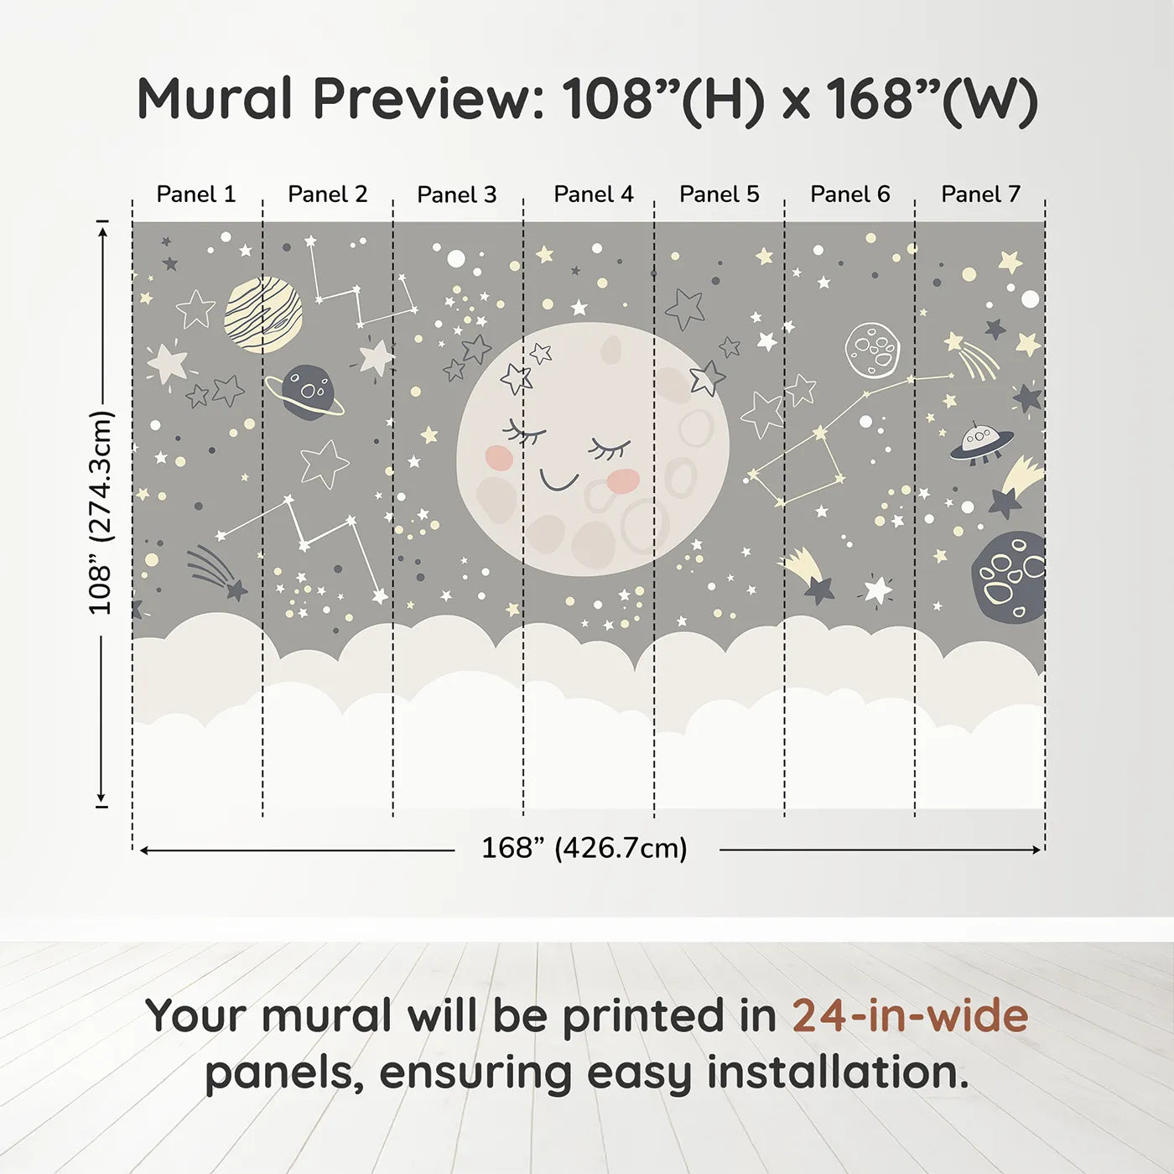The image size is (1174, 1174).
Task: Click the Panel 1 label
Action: [196, 195]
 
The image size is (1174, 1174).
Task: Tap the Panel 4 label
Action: [593, 195]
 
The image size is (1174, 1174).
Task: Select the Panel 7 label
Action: [980, 195]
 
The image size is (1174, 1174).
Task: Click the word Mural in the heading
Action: [214, 99]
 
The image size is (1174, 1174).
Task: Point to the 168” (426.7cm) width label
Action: [584, 849]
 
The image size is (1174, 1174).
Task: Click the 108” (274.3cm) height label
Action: [101, 512]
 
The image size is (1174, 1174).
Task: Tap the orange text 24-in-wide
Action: [910, 1016]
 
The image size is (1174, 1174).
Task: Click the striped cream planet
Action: [263, 314]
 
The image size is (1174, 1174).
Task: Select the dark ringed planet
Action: [307, 392]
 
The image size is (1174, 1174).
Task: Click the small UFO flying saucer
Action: [980, 442]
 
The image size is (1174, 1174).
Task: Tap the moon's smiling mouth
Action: [558, 481]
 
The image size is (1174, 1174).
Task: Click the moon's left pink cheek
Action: [499, 457]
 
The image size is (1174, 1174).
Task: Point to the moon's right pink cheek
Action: [622, 481]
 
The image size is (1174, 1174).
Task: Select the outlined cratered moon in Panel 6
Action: [872, 350]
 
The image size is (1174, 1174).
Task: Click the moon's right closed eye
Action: [610, 449]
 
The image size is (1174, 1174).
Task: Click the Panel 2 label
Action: [327, 195]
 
